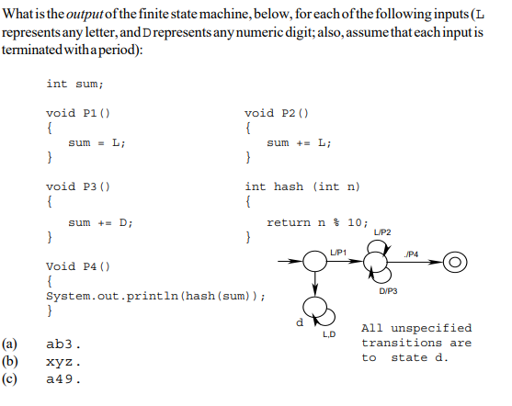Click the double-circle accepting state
coord(454,264)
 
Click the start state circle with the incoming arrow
coord(315,264)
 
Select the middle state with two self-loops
coord(377,265)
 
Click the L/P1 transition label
coord(340,252)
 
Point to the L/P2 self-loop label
coord(383,231)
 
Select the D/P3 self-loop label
coord(387,292)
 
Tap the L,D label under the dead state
coord(329,334)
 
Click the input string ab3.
coord(64,344)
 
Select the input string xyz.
coord(64,361)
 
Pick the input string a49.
coord(64,378)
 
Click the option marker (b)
coord(14,361)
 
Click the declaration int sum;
coord(70,84)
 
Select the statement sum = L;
coord(97,142)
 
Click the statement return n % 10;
coord(317,222)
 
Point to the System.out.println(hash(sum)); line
coord(156,296)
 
